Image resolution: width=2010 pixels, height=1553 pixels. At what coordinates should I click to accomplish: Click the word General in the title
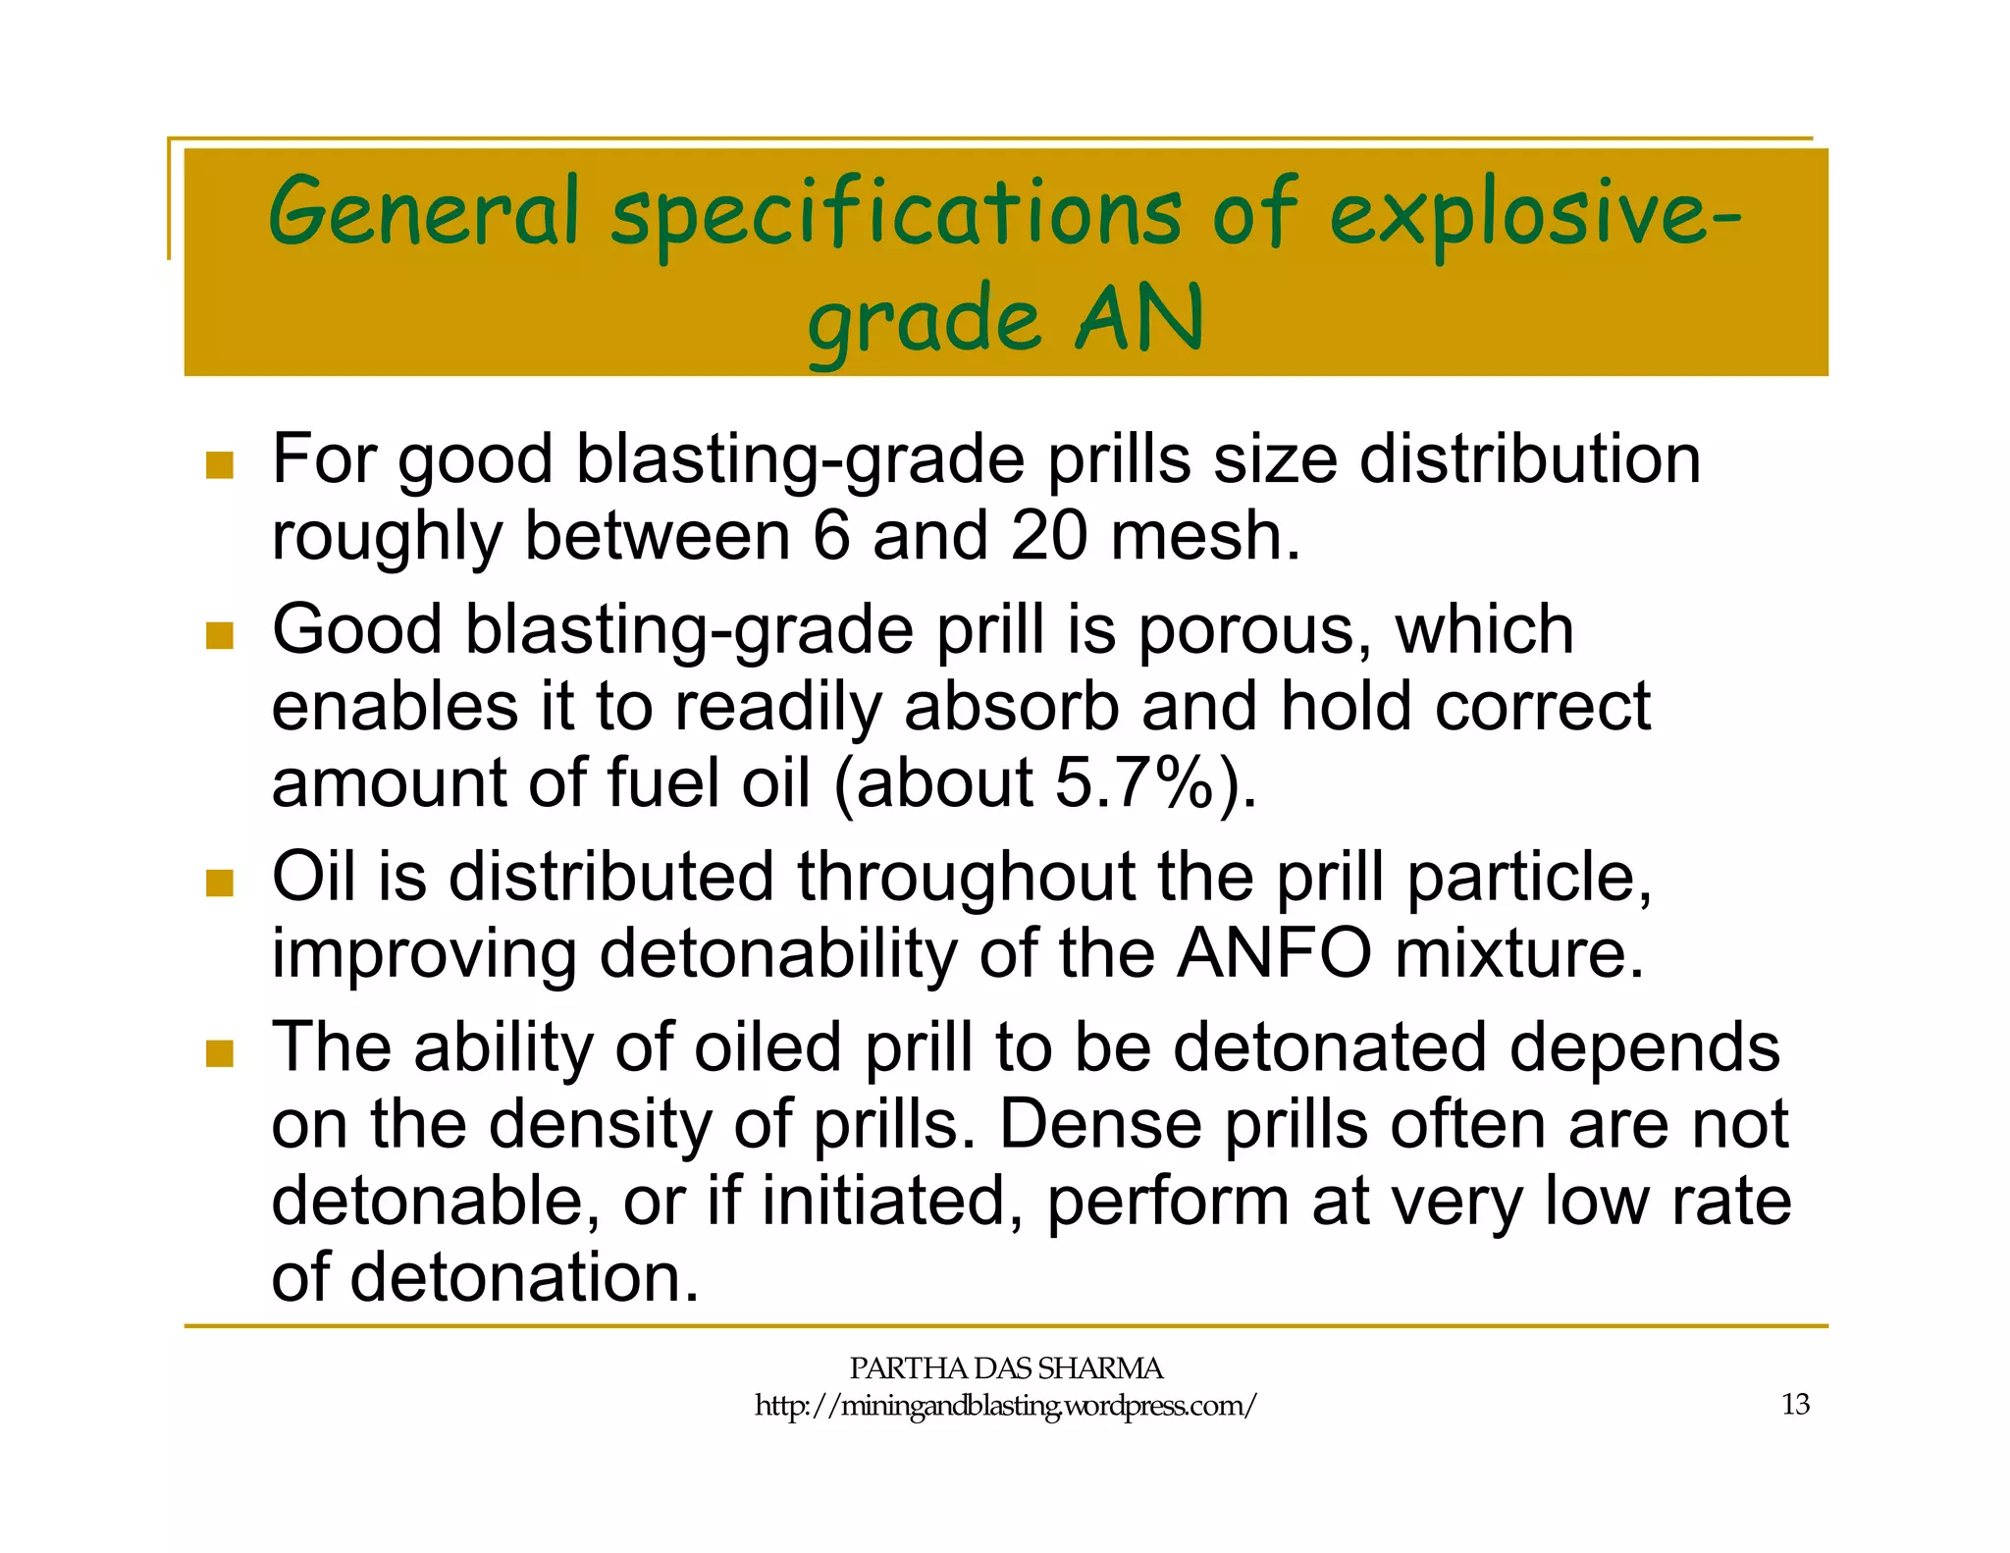(424, 211)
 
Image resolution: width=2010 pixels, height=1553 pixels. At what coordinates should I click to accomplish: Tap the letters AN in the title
(1138, 319)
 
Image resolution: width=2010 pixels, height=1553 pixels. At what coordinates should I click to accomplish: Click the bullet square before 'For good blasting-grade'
(220, 464)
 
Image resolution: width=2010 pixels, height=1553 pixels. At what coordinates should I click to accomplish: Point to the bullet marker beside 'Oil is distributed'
(220, 883)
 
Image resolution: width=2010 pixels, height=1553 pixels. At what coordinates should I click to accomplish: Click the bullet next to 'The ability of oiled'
(220, 1053)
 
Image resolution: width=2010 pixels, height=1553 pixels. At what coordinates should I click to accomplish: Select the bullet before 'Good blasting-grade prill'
(220, 635)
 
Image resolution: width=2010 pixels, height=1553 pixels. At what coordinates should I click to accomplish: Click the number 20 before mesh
(1049, 537)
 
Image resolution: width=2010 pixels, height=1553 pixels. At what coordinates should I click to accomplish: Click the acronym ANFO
(1274, 954)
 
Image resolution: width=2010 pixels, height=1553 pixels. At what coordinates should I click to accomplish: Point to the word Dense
(1099, 1125)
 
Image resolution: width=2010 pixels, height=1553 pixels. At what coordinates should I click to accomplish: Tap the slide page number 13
(1795, 1405)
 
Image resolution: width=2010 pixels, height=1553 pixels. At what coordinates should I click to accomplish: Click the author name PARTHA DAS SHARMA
(1005, 1367)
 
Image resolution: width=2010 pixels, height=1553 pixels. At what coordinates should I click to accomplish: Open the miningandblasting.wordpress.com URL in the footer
(1005, 1406)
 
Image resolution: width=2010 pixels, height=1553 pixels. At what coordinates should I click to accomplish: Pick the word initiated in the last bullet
(884, 1202)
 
